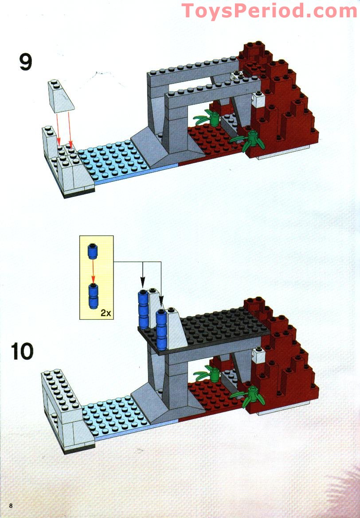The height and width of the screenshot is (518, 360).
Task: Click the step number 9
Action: pyautogui.click(x=25, y=62)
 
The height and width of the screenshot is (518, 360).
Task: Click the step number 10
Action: pyautogui.click(x=23, y=351)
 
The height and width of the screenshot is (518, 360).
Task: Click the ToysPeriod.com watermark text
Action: pyautogui.click(x=270, y=10)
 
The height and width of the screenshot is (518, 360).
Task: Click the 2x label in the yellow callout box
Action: pyautogui.click(x=106, y=312)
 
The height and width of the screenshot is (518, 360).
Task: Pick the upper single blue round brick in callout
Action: pyautogui.click(x=93, y=251)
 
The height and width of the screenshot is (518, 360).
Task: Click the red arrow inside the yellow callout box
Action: pyautogui.click(x=93, y=271)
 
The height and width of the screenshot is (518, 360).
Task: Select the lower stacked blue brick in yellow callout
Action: pyautogui.click(x=93, y=296)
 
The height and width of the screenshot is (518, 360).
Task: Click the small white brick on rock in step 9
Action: pyautogui.click(x=258, y=100)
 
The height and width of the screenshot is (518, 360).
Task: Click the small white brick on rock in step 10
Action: pyautogui.click(x=258, y=354)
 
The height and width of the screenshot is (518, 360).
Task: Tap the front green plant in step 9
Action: pyautogui.click(x=252, y=139)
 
